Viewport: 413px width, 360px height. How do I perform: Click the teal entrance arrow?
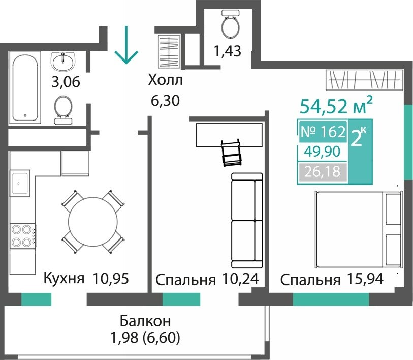(x=126, y=45)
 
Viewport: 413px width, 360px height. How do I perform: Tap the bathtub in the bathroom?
(x=25, y=87)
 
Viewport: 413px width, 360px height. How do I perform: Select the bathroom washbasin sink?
(x=63, y=62)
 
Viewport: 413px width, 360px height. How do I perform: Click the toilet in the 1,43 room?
(x=230, y=24)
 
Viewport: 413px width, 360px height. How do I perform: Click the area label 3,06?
(x=66, y=82)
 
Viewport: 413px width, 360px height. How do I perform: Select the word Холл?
(x=165, y=80)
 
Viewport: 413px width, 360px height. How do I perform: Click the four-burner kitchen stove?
(x=23, y=235)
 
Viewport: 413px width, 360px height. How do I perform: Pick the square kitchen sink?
(x=20, y=183)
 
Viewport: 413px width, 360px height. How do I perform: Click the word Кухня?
(x=64, y=279)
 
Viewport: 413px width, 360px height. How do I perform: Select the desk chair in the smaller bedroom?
(x=231, y=153)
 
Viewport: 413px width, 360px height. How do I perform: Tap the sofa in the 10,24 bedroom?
(x=247, y=221)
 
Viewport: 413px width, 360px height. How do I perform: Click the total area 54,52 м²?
(x=336, y=105)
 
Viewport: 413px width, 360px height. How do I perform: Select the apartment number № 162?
(x=323, y=132)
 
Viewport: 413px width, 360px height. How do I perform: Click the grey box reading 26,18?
(x=323, y=172)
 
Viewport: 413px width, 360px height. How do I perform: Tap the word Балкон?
(x=145, y=321)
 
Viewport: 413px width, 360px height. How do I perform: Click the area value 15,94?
(x=365, y=279)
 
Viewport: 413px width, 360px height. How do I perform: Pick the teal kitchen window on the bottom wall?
(x=36, y=299)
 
